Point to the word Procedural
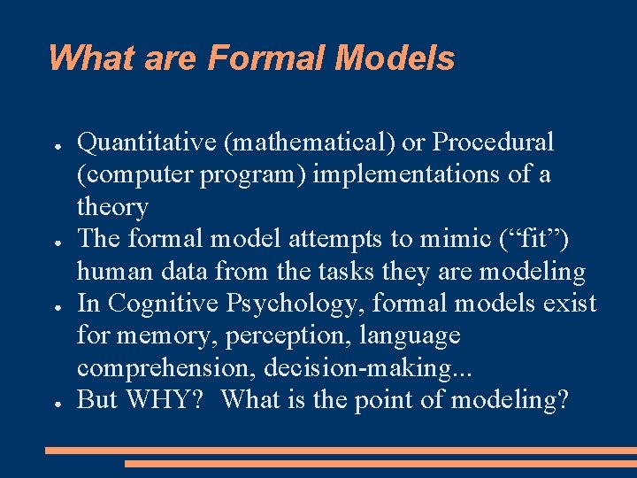494,143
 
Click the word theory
112,207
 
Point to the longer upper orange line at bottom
341,451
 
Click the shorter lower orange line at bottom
380,463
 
